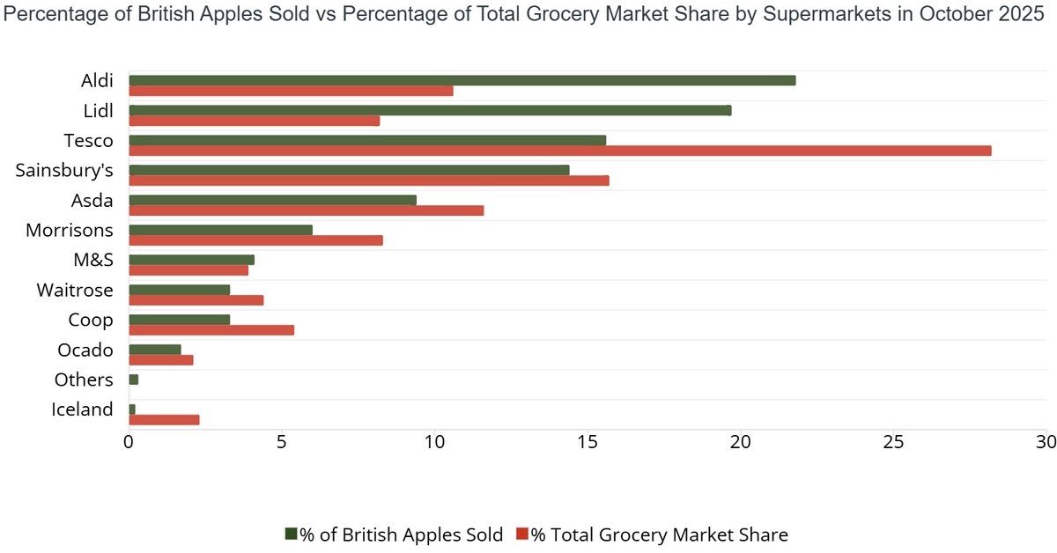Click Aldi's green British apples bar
pyautogui.click(x=462, y=80)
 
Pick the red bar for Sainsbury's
pyautogui.click(x=368, y=181)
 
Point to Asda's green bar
pyautogui.click(x=272, y=200)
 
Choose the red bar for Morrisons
pyautogui.click(x=255, y=240)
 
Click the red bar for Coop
pyautogui.click(x=211, y=330)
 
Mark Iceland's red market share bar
pyautogui.click(x=164, y=420)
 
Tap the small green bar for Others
pyautogui.click(x=134, y=380)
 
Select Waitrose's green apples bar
pyautogui.click(x=179, y=290)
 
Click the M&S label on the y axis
pyautogui.click(x=93, y=260)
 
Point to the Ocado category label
pyautogui.click(x=85, y=350)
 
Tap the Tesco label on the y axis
pyautogui.click(x=88, y=140)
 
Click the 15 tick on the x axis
pyautogui.click(x=588, y=440)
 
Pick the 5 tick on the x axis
pyautogui.click(x=282, y=440)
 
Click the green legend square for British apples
pyautogui.click(x=292, y=535)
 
